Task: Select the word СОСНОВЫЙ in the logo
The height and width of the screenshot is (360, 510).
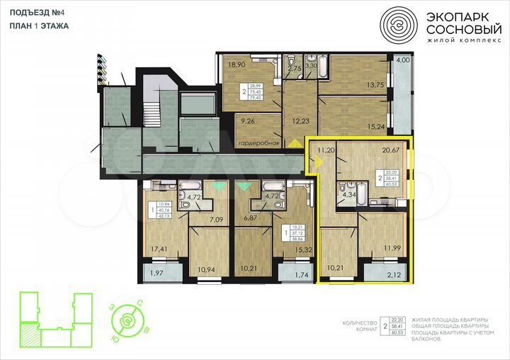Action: (x=460, y=30)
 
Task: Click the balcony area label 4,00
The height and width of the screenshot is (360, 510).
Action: (x=402, y=60)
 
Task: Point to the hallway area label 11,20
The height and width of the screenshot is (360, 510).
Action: (x=326, y=150)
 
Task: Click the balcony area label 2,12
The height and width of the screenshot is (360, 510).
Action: (x=393, y=273)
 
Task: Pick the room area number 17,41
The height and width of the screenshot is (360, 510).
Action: (x=158, y=249)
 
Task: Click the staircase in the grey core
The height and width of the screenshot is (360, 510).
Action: (x=152, y=111)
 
